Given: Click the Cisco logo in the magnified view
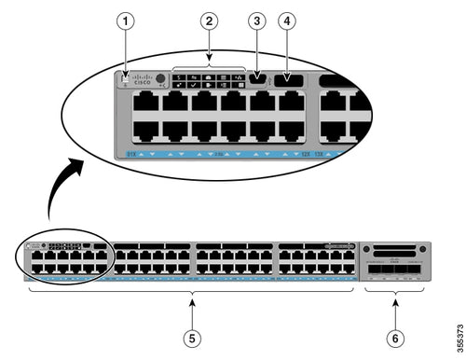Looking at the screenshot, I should point(144,80).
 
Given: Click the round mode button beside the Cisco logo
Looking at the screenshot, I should point(162,80).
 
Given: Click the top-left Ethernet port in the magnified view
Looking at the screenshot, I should point(145,102).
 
